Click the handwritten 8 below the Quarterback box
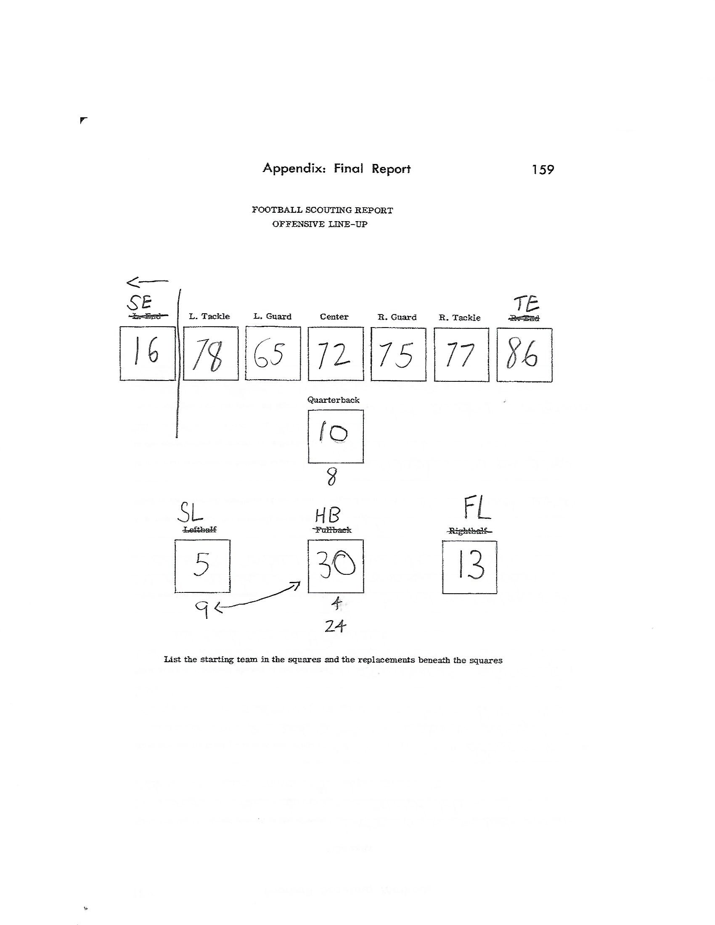[332, 478]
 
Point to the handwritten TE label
[526, 303]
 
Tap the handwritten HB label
[327, 515]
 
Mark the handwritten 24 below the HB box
[335, 626]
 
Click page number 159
[543, 169]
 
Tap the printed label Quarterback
[334, 400]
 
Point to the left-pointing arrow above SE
[147, 281]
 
